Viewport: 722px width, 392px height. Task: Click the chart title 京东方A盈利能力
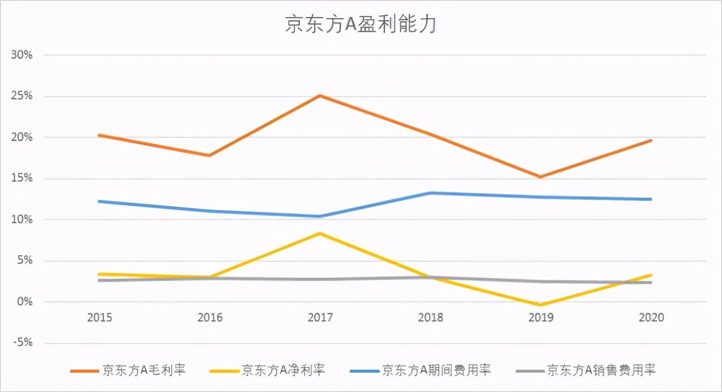[x=360, y=25]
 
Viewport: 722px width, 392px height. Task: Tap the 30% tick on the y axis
[x=22, y=55]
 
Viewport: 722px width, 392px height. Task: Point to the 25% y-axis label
[x=22, y=96]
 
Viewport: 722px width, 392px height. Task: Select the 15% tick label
[x=22, y=179]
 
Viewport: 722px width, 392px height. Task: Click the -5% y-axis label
[x=22, y=343]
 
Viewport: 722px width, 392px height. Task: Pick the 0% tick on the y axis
[x=25, y=302]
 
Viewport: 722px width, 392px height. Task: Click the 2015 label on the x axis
[x=99, y=318]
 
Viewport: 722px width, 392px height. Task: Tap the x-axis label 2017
[x=320, y=318]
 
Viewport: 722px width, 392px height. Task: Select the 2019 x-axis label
[x=540, y=318]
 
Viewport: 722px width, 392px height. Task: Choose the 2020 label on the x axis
[x=651, y=318]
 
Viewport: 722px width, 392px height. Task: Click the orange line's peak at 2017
[x=320, y=95]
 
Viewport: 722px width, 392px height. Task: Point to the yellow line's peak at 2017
[x=320, y=233]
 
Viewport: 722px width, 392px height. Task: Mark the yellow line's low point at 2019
[x=540, y=305]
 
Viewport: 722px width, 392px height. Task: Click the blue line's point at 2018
[x=430, y=193]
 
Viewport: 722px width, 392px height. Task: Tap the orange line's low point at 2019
[x=540, y=177]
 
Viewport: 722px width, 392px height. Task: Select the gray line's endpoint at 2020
[x=651, y=282]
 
